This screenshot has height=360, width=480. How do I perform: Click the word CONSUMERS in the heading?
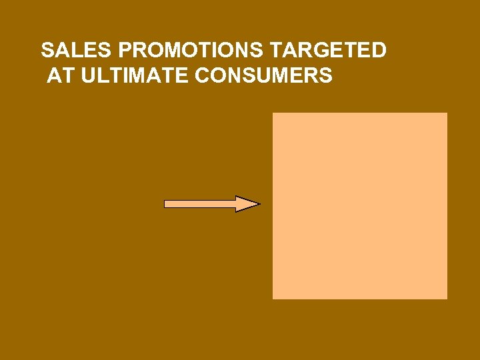pyautogui.click(x=264, y=76)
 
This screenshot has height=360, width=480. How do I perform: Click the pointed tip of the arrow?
pyautogui.click(x=258, y=204)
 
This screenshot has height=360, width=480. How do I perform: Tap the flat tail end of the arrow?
pyautogui.click(x=165, y=204)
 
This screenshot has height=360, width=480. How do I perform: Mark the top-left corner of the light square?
pyautogui.click(x=273, y=113)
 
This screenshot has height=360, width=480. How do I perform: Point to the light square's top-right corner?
pyautogui.click(x=447, y=113)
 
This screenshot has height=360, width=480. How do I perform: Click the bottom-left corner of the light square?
pyautogui.click(x=273, y=298)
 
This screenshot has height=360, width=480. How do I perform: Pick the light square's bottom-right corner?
pyautogui.click(x=447, y=298)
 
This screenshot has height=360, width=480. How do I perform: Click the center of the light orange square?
pyautogui.click(x=360, y=206)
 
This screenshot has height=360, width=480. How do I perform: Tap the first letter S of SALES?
pyautogui.click(x=47, y=51)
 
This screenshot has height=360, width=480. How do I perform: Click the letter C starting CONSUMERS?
pyautogui.click(x=202, y=76)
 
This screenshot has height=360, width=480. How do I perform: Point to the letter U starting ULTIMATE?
pyautogui.click(x=85, y=76)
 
